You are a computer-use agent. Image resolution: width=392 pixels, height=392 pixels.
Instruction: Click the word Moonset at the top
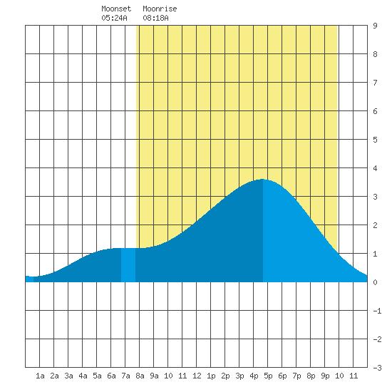(116, 9)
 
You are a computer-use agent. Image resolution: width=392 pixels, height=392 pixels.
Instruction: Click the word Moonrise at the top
(160, 9)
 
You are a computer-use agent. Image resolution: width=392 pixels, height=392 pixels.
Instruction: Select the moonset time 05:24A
(114, 18)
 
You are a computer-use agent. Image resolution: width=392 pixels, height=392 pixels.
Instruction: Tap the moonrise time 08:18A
(155, 18)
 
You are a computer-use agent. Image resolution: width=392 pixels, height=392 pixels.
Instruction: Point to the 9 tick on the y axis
(375, 26)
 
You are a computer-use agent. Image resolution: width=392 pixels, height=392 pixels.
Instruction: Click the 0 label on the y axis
(375, 282)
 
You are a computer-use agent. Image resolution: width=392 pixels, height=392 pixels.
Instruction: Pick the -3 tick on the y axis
(377, 368)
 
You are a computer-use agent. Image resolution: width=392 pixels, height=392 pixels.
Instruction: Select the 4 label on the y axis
(375, 168)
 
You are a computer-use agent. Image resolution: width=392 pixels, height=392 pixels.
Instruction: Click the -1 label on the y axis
(377, 311)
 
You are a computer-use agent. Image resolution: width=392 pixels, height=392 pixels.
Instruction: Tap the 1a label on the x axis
(40, 376)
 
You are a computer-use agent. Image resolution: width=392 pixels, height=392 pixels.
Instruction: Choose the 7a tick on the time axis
(125, 376)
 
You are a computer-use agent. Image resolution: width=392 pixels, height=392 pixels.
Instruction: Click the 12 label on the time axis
(197, 376)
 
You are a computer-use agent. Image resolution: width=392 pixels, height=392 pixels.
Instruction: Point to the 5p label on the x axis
(268, 376)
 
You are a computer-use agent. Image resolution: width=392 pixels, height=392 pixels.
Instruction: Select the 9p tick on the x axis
(325, 376)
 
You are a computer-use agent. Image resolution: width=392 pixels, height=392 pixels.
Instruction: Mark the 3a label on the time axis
(68, 376)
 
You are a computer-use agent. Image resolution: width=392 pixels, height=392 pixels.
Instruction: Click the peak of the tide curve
(262, 179)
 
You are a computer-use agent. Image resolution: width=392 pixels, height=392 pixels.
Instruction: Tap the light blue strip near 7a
(128, 265)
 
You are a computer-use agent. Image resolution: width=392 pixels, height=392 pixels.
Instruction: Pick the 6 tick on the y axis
(375, 111)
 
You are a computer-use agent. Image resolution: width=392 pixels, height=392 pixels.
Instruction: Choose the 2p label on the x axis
(225, 376)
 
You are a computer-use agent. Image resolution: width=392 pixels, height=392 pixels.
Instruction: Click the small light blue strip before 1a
(29, 279)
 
